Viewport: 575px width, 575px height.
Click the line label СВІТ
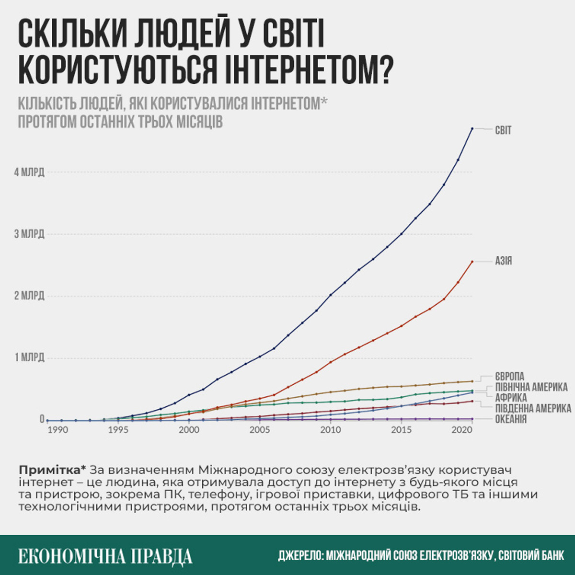pyautogui.click(x=503, y=130)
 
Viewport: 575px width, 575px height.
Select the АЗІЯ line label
pyautogui.click(x=504, y=261)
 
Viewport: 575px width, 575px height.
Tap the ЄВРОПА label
pyautogui.click(x=509, y=377)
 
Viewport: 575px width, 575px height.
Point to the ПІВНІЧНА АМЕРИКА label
pyautogui.click(x=531, y=387)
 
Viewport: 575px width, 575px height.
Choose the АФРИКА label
pyautogui.click(x=511, y=398)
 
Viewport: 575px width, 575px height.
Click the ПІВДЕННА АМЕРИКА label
pyautogui.click(x=533, y=408)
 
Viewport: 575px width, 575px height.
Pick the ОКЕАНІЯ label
pyautogui.click(x=511, y=419)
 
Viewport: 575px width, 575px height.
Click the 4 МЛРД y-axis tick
pyautogui.click(x=29, y=172)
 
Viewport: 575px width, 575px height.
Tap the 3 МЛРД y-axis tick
pyautogui.click(x=29, y=234)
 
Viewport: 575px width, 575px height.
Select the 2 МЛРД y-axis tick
pyautogui.click(x=29, y=296)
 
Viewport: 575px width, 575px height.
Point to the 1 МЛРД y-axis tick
pyautogui.click(x=29, y=357)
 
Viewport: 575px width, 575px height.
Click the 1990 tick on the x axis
pyautogui.click(x=57, y=430)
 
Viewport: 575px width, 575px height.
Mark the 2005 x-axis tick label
pyautogui.click(x=259, y=430)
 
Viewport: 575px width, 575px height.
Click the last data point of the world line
pyautogui.click(x=472, y=128)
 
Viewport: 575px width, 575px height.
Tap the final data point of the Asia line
pyautogui.click(x=472, y=262)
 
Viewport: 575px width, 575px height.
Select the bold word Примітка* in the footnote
pyautogui.click(x=53, y=470)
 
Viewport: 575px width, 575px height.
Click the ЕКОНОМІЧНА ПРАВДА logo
pyautogui.click(x=105, y=556)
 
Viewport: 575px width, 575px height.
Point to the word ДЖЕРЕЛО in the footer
pyautogui.click(x=300, y=556)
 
